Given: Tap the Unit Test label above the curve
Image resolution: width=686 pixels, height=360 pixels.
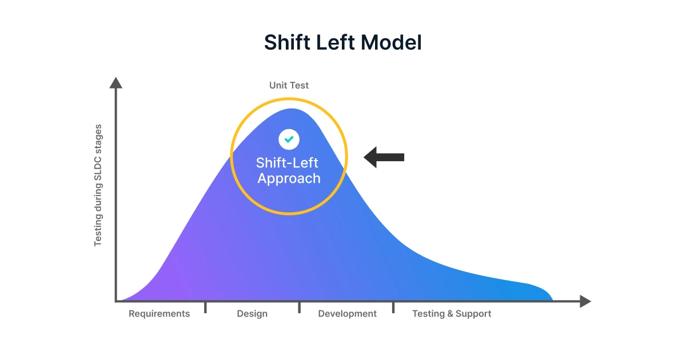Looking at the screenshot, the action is [x=289, y=85].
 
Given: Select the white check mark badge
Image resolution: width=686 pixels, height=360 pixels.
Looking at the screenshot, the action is [x=289, y=139].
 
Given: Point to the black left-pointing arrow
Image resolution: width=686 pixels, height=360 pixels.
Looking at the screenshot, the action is [x=384, y=157].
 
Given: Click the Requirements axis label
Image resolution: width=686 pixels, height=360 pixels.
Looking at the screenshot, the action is [x=159, y=314].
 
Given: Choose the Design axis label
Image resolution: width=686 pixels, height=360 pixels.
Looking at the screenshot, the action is [x=252, y=314].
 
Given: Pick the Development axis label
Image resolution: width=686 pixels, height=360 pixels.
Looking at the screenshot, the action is [x=347, y=314].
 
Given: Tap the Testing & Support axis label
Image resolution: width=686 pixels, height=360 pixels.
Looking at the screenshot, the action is [x=452, y=314].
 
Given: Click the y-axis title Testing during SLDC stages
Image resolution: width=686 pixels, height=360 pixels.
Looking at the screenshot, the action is [x=98, y=185].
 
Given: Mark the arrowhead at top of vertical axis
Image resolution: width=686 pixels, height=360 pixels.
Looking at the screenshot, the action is [x=116, y=83].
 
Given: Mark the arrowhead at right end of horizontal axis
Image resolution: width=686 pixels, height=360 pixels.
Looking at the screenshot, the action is [x=585, y=301].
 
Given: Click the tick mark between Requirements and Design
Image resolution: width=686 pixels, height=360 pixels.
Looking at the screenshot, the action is [x=206, y=308].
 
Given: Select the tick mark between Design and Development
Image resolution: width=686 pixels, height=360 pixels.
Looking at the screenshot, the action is [x=299, y=308].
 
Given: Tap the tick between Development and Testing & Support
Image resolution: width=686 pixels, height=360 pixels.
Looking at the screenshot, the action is [x=393, y=308].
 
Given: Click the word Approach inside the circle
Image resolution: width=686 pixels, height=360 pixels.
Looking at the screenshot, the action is [x=289, y=178].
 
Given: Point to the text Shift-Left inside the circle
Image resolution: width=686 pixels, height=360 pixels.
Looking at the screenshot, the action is [x=287, y=162].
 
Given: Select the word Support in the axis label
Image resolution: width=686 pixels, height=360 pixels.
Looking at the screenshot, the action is [x=473, y=314].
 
